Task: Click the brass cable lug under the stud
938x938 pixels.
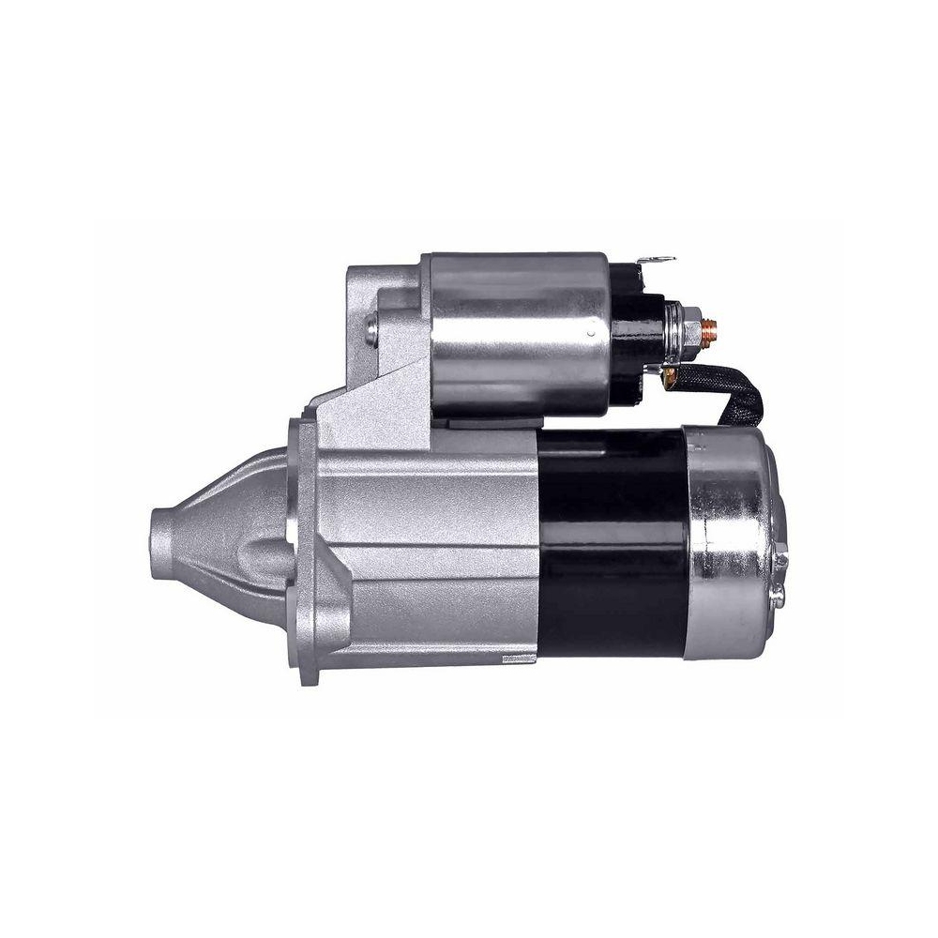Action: (670, 374)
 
